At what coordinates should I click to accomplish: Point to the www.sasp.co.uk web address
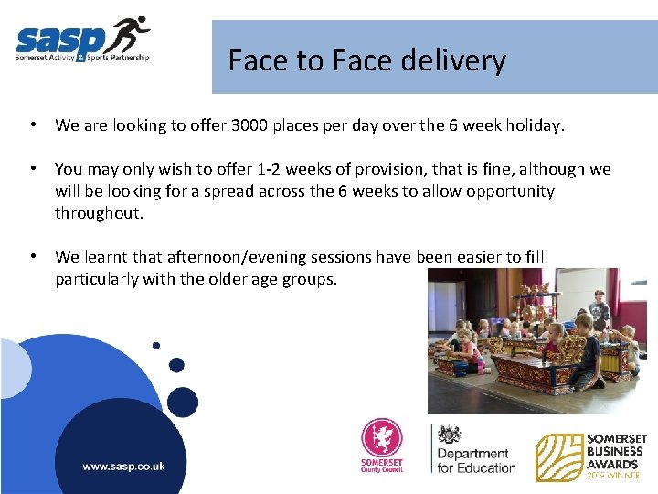coord(123,466)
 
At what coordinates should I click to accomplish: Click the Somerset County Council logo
coord(381,446)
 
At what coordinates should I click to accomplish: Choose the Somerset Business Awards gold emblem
coord(557,456)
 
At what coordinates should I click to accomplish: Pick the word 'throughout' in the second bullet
coord(99,213)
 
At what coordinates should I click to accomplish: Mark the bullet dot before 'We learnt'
coord(32,257)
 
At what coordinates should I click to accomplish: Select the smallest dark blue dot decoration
coord(156,346)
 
